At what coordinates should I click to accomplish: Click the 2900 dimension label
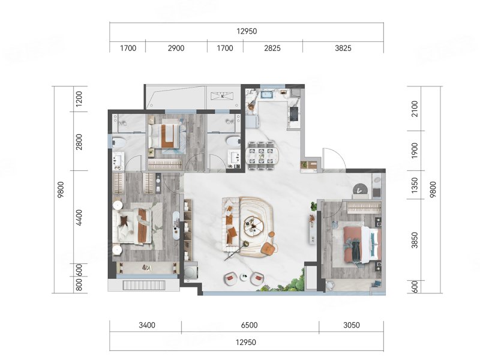(x=176, y=48)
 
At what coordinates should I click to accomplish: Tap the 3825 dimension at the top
(x=343, y=48)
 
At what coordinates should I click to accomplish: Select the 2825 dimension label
(x=272, y=48)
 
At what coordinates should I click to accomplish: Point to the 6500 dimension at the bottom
(x=249, y=325)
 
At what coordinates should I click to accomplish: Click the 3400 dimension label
(x=147, y=325)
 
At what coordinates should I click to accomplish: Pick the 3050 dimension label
(x=352, y=325)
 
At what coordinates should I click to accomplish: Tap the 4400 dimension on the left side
(x=79, y=218)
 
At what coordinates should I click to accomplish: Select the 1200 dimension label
(x=79, y=99)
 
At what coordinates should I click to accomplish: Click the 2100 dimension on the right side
(x=415, y=109)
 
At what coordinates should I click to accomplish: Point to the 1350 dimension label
(x=415, y=185)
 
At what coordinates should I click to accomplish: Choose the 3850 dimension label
(x=415, y=240)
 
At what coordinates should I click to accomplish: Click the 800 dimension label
(x=79, y=284)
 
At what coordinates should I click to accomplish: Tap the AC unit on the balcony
(x=223, y=96)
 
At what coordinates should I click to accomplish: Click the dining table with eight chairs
(x=263, y=155)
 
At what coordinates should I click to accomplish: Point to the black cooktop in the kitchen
(x=293, y=114)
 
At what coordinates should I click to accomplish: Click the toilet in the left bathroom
(x=119, y=142)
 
